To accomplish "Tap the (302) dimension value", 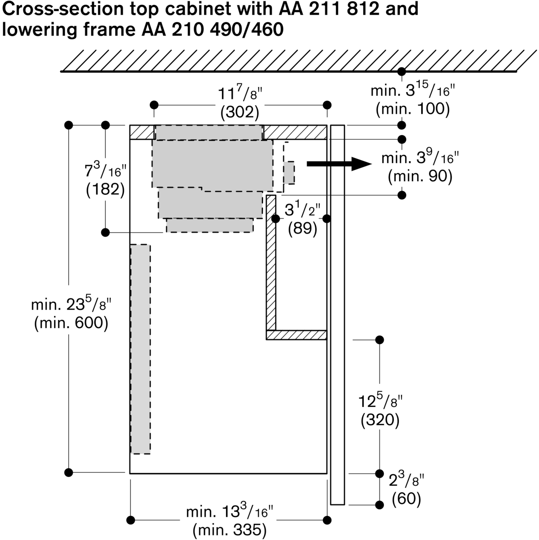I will pyautogui.click(x=240, y=112).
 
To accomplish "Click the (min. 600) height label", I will pyautogui.click(x=71, y=324).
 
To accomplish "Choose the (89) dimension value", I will pyautogui.click(x=303, y=229).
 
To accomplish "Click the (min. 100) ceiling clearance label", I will pyautogui.click(x=413, y=109).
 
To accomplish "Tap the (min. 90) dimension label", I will pyautogui.click(x=420, y=177).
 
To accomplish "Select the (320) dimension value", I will pyautogui.click(x=380, y=420).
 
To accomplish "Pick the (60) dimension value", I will pyautogui.click(x=406, y=499).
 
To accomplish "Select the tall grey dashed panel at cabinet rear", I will pyautogui.click(x=140, y=349).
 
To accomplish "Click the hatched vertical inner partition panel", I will pyautogui.click(x=271, y=262).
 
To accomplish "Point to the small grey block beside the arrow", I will pyautogui.click(x=289, y=172).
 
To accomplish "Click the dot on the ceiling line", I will pyautogui.click(x=402, y=72).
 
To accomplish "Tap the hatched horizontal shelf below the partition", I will pyautogui.click(x=296, y=335).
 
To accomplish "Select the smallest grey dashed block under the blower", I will pyautogui.click(x=209, y=225).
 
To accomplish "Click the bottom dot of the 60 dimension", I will pyautogui.click(x=380, y=505).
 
